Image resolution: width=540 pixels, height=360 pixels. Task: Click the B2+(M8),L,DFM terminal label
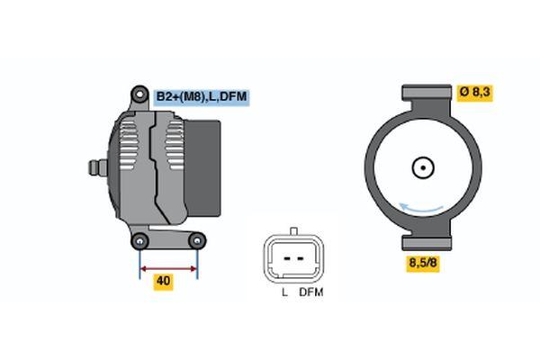coord(202,96)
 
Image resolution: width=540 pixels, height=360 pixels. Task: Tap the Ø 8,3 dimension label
coord(475,93)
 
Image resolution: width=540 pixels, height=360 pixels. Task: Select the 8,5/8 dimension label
coord(423,263)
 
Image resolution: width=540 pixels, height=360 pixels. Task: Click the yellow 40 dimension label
coord(163,281)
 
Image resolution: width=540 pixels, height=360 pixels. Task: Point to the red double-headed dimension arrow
coord(168,269)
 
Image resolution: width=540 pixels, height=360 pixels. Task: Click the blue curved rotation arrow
coord(421,208)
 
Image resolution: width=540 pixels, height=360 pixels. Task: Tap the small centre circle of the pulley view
coord(423,167)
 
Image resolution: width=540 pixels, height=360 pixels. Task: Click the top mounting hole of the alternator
coord(139,94)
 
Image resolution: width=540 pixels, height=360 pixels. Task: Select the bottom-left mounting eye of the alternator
coord(139,241)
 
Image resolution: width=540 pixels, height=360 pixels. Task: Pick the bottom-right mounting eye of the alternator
coord(197,241)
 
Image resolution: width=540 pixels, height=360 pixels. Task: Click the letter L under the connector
coord(284,292)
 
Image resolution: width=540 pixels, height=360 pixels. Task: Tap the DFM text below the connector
coord(311,292)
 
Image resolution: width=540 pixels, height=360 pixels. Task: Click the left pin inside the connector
coord(287,258)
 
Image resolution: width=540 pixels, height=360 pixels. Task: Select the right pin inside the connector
coord(301,258)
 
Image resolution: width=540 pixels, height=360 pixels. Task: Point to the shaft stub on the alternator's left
coord(98,167)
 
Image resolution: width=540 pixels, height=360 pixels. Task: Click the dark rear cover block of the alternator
coord(203,168)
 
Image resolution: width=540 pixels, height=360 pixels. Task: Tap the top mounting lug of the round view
coord(427,93)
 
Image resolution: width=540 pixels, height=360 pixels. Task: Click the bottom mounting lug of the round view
coord(427,242)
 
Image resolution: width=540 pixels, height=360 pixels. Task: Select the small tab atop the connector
coord(293,230)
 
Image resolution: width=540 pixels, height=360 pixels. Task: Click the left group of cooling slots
coord(128,144)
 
